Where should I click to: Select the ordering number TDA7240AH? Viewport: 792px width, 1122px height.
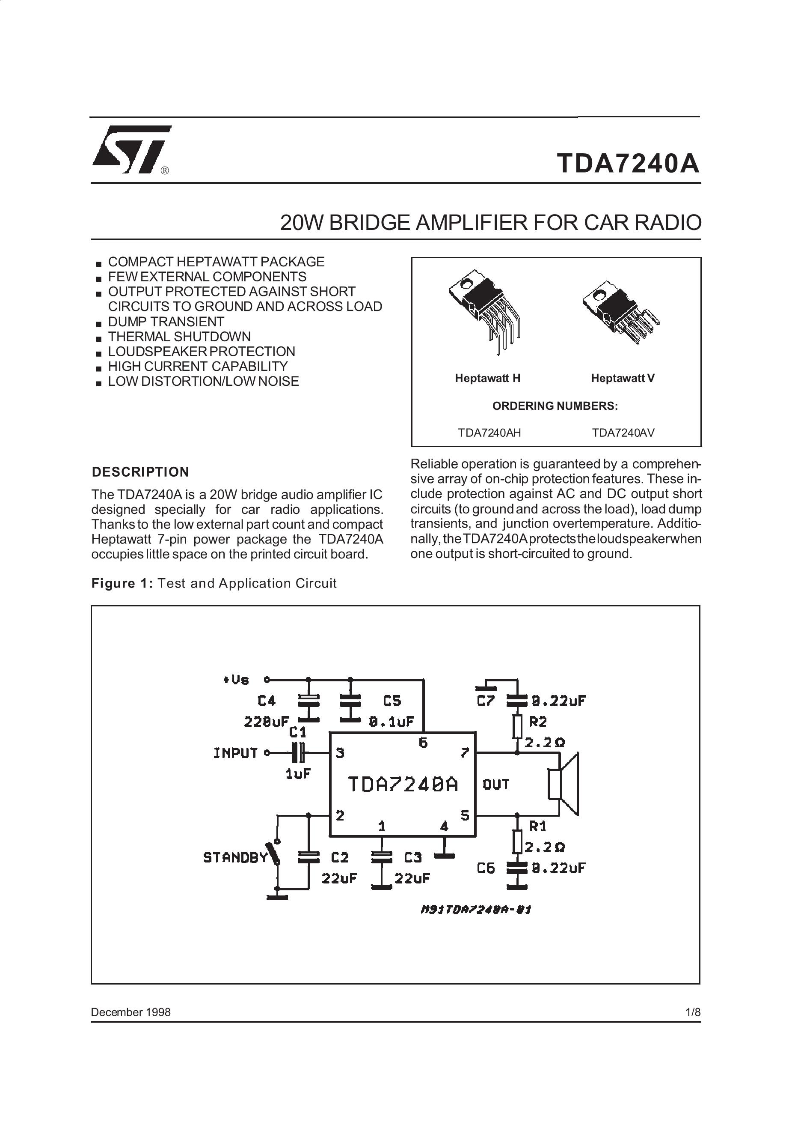[489, 433]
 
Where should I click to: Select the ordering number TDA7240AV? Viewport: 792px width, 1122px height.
[623, 433]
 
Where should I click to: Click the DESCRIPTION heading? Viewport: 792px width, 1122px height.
[141, 472]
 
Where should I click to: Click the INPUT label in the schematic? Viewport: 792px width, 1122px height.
[235, 753]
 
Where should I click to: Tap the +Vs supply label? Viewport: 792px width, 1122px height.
[236, 680]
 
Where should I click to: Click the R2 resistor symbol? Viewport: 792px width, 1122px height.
[518, 727]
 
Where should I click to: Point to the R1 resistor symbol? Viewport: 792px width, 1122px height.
[518, 842]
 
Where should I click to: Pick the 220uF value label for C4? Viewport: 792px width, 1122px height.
[266, 722]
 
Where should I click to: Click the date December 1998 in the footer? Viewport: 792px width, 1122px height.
[131, 1012]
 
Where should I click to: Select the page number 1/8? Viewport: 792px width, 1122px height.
[693, 1012]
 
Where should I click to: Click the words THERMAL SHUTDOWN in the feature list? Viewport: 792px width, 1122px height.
[179, 337]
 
